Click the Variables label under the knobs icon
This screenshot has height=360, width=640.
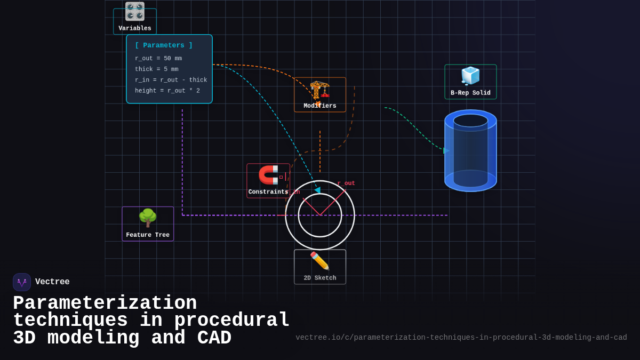(x=135, y=28)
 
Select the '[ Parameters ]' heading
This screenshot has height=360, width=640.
(x=164, y=45)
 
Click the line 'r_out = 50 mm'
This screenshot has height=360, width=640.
(x=158, y=59)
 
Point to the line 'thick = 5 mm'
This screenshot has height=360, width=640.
(x=157, y=69)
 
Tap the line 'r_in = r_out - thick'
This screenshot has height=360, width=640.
(x=171, y=80)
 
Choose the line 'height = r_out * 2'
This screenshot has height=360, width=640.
(x=167, y=91)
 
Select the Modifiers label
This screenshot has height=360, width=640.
(x=320, y=106)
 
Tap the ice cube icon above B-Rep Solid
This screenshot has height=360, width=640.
(x=470, y=76)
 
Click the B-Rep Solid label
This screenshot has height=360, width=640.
(x=470, y=93)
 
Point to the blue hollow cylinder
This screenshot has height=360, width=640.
(x=470, y=150)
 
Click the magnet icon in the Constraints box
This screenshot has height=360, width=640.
(x=268, y=174)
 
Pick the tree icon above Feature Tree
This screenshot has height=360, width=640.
(x=148, y=218)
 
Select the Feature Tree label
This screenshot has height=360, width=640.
(x=148, y=235)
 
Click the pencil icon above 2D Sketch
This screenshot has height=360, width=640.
(x=319, y=261)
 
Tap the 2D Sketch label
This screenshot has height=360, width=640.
(x=320, y=278)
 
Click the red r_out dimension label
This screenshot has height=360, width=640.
(x=346, y=183)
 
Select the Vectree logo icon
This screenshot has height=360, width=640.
(x=22, y=282)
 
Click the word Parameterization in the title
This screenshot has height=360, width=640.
(x=105, y=303)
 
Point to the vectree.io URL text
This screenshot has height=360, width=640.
(x=461, y=338)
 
